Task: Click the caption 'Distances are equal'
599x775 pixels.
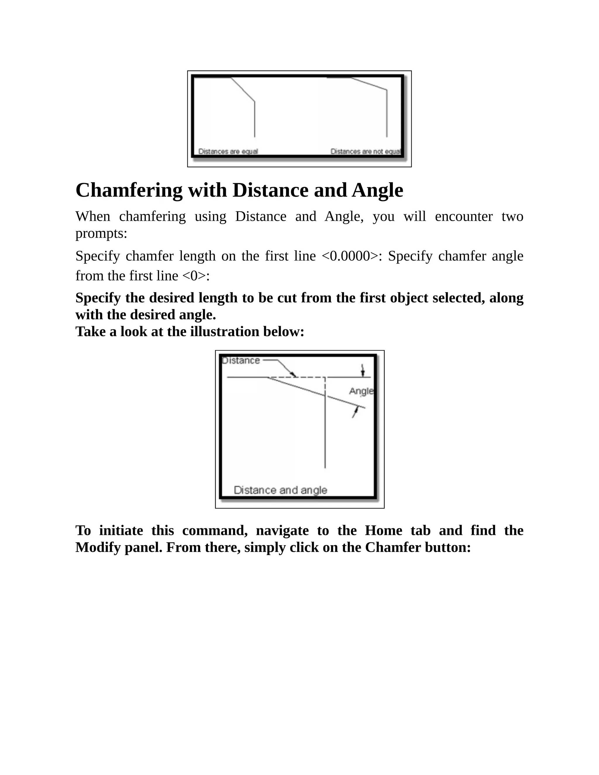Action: click(228, 151)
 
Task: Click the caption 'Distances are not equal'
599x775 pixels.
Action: click(366, 151)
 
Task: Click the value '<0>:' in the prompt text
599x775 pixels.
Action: click(196, 276)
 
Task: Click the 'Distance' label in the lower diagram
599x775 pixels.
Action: click(241, 361)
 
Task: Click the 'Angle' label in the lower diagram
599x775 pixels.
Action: click(361, 391)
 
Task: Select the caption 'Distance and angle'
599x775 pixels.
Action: click(280, 490)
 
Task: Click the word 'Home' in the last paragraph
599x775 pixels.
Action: click(383, 531)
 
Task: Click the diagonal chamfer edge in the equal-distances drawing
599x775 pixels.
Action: click(243, 90)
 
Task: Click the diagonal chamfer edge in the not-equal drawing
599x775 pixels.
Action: click(369, 84)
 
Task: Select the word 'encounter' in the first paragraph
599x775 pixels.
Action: click(464, 216)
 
